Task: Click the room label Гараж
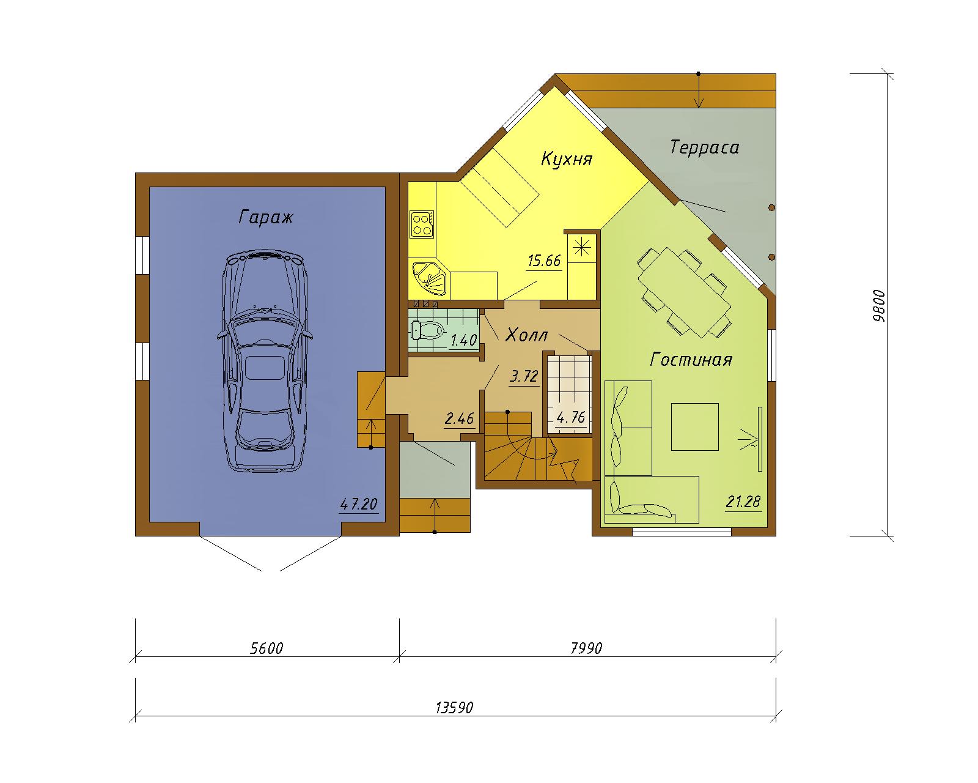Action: [266, 217]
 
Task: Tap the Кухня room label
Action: [566, 159]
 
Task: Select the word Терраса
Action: [704, 147]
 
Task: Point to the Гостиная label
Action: [691, 360]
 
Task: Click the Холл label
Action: [527, 335]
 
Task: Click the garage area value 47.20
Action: [359, 504]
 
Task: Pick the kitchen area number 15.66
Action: [545, 261]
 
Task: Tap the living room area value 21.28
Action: [743, 502]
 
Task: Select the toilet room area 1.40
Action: [463, 340]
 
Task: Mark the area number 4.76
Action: [572, 417]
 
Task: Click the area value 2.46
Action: [460, 418]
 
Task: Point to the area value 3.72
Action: [524, 376]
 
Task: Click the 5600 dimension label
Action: [267, 648]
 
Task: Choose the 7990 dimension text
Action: [587, 648]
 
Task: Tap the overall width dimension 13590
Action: [455, 708]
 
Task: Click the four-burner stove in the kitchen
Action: [421, 224]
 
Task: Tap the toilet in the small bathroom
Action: [427, 330]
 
